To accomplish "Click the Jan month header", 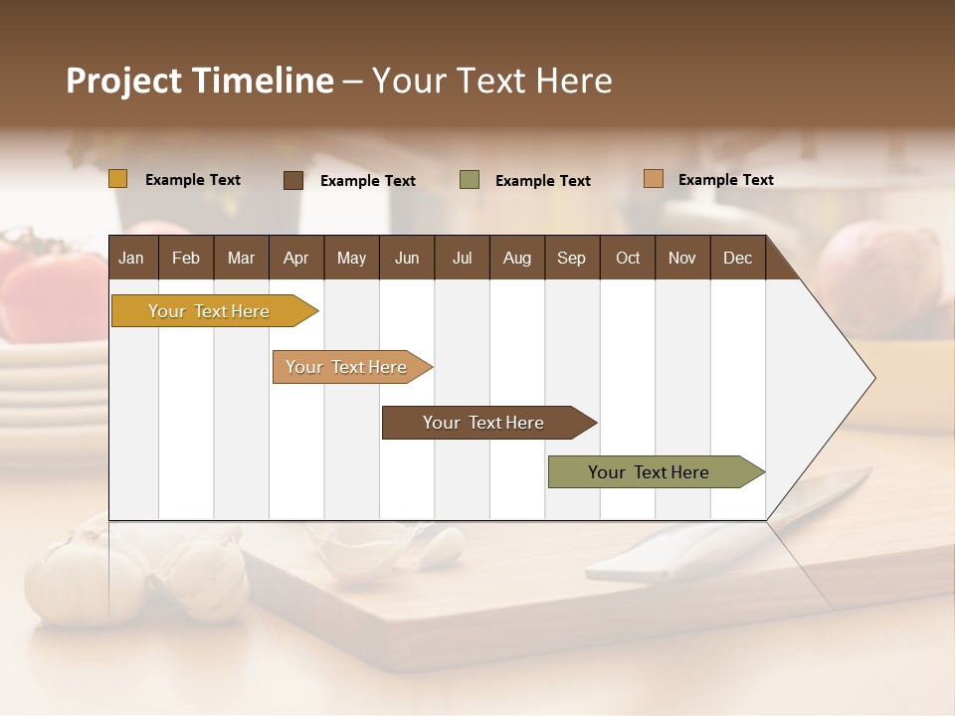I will pos(131,258).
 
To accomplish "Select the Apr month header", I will pos(295,258).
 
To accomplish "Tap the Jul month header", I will pos(462,258).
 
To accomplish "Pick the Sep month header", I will pos(571,258).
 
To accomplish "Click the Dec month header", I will pos(737,258).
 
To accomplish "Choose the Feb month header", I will pos(186,258).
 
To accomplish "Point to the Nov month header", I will pos(681,258).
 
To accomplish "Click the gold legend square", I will pos(117,179).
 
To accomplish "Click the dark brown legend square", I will pos(292,180).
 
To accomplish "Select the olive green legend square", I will pos(469,180).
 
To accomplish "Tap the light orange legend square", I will pos(653,179).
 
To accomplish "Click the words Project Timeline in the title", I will pos(199,81).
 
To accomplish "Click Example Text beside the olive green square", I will pos(542,181).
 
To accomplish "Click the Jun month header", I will pos(406,258).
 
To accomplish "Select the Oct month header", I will pos(627,258).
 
